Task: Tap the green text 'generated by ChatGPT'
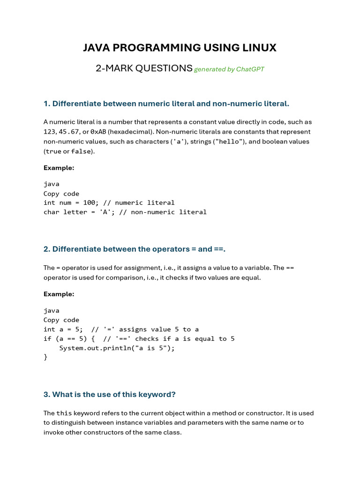229,69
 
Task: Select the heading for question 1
166,103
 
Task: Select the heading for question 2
135,249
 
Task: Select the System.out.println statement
117,348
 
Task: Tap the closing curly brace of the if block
45,357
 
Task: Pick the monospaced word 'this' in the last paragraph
64,413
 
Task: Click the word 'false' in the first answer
80,151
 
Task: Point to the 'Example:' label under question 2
59,294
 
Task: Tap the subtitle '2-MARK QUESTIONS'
144,68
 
